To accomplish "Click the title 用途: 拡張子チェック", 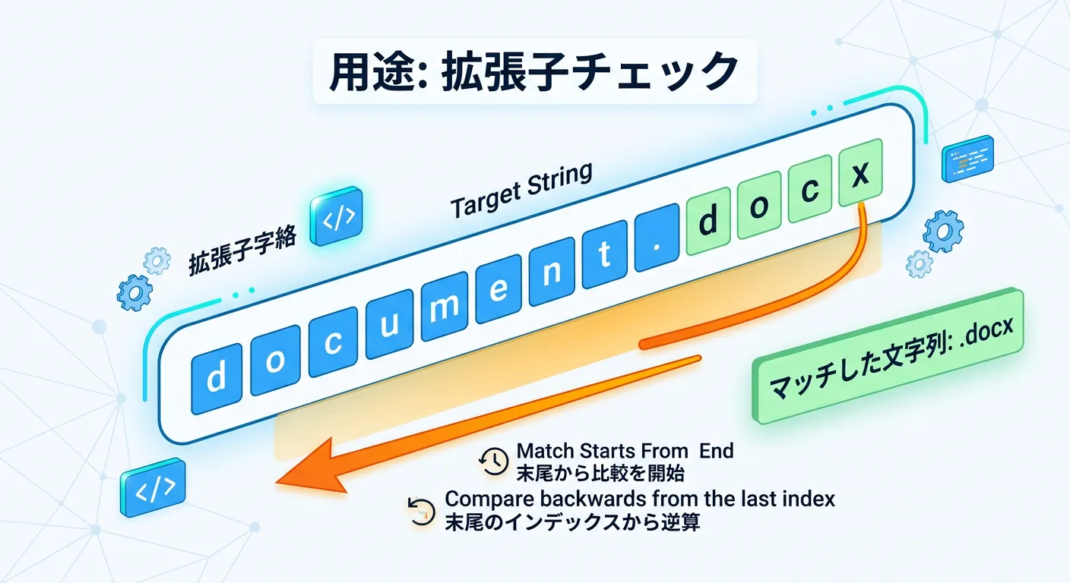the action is (x=534, y=71).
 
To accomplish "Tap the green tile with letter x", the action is (x=860, y=173).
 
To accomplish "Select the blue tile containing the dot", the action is (x=657, y=244).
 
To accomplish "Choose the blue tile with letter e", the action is (x=499, y=289).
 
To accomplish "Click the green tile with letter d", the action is (x=708, y=221).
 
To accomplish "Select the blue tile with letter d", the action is (x=217, y=379).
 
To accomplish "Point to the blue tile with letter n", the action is (x=552, y=272).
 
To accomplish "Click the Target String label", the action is (x=521, y=190).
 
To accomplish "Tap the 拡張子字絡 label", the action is (x=242, y=251).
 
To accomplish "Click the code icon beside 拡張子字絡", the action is (x=337, y=216).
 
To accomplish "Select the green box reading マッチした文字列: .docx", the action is (x=888, y=355).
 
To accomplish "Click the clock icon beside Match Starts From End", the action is (x=493, y=461).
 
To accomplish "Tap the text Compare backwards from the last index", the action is (x=640, y=499).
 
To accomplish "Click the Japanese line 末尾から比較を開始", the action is (x=600, y=474).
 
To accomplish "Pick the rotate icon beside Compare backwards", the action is (x=421, y=512).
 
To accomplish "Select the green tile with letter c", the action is (x=809, y=190).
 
